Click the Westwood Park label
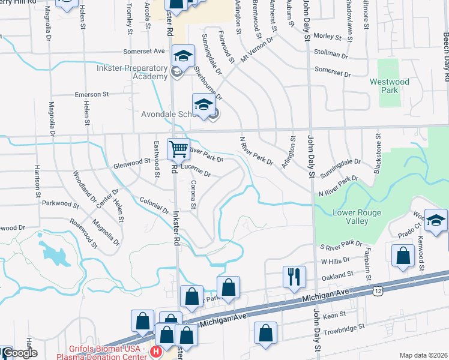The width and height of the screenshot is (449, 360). [389, 86]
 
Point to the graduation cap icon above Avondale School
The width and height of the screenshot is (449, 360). [203, 104]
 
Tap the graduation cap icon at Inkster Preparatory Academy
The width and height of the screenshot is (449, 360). [183, 56]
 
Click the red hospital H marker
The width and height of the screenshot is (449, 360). [156, 351]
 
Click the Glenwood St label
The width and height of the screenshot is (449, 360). [131, 161]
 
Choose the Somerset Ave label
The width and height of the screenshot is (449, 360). [144, 52]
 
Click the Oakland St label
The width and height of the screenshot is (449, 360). [337, 275]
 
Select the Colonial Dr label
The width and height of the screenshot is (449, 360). [154, 206]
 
